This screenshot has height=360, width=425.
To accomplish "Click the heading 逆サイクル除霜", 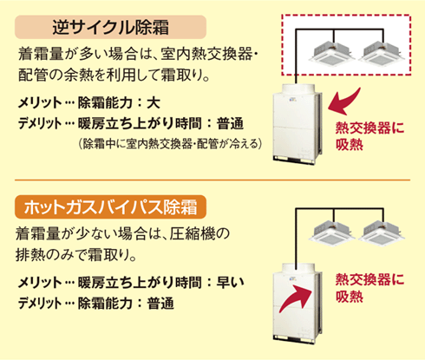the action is pos(110,28).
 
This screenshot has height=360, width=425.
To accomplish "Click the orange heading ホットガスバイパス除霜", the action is pos(110,207).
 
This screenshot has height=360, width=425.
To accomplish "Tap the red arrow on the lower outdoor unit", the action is pos(296,298).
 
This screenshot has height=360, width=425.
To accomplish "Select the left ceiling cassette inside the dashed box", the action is pos(332,52).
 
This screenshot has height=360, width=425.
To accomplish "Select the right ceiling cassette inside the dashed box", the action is pos(382,52).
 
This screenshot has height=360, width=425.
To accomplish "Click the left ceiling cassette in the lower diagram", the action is pos(332,232).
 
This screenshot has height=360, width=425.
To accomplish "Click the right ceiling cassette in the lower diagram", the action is pos(382,232).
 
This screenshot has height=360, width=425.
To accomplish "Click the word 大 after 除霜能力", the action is pos(154,103).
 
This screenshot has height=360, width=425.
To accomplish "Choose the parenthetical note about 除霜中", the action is pos(170,144).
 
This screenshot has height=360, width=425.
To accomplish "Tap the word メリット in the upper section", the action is pos(40,103).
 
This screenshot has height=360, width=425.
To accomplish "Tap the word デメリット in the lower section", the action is pos(40,304).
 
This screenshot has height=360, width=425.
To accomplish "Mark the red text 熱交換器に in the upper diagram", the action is pos(369,128).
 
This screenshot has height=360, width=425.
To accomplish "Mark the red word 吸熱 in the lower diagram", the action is pos(350,296).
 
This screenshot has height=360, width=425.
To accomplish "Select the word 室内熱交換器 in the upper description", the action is pos(206,54).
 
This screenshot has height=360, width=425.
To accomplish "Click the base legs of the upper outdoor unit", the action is pos(294,160).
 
